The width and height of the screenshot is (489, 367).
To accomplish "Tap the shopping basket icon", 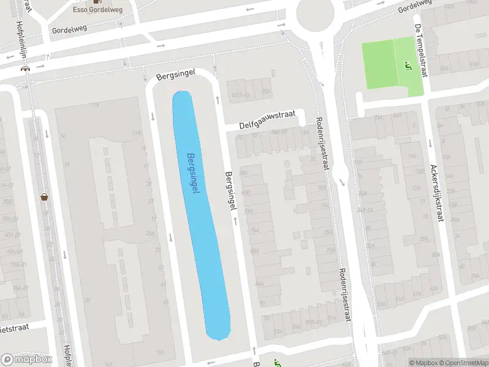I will pos(44,197).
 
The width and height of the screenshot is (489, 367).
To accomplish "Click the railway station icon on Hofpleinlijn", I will pos(26,68).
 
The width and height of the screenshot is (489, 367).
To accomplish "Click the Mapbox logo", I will pos(27,359).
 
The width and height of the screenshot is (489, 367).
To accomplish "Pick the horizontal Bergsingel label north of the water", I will pos(175,77).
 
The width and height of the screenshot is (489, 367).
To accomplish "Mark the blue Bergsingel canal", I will pos(202,245).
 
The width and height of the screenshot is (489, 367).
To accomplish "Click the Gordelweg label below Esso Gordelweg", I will pos(70,30).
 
